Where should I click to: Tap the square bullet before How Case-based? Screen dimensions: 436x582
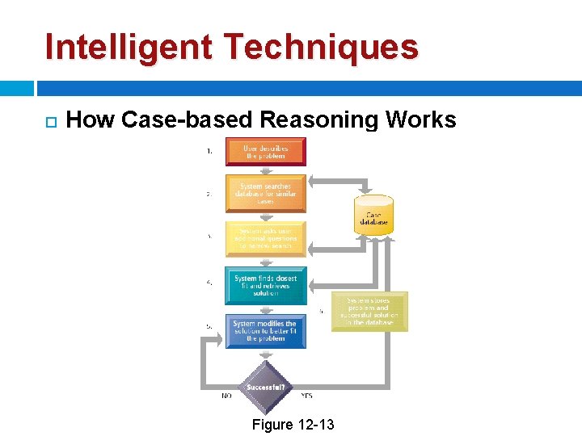pos(49,122)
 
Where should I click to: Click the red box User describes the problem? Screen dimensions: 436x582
pos(266,151)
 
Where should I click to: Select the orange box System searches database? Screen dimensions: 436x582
pos(266,194)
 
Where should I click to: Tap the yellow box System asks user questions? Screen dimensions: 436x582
pos(266,238)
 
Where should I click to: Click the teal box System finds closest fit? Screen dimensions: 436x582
pos(266,285)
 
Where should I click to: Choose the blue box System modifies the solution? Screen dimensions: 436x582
pos(266,331)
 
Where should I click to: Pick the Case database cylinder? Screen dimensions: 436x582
pos(373,216)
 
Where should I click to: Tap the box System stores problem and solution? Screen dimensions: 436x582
pos(370,312)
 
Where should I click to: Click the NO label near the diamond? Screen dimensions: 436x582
pos(227,396)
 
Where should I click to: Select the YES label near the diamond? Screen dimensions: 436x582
pos(306,396)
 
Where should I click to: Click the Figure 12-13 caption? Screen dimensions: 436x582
pos(293,425)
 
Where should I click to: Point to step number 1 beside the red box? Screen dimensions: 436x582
pos(210,151)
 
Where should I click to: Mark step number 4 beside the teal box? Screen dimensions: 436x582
pos(209,283)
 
